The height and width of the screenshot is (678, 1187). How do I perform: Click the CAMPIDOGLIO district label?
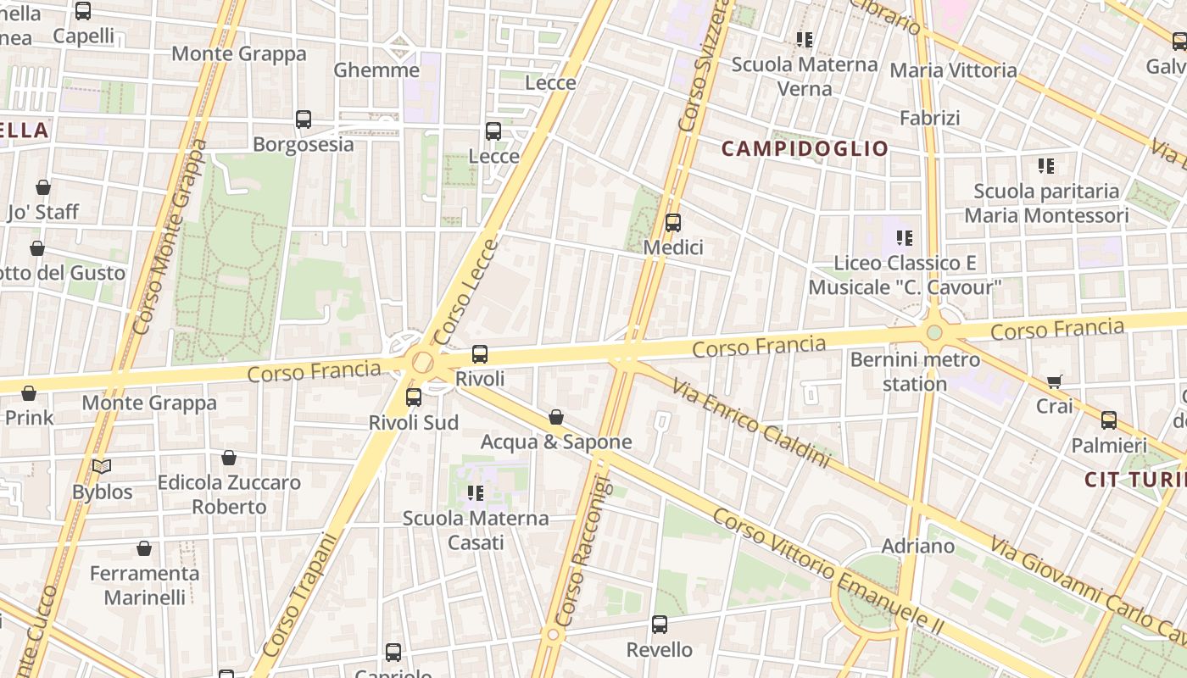pos(805,149)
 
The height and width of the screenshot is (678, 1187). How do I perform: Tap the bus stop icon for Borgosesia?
pos(304,119)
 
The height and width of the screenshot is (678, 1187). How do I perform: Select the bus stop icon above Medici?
pos(673,223)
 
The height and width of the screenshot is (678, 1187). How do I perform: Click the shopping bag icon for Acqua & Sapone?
pos(556,417)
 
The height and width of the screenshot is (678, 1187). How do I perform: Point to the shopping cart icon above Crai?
pos(1054,381)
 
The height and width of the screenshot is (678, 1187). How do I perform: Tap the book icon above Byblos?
pos(102,466)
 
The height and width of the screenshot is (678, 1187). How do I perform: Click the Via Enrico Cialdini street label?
pos(751,423)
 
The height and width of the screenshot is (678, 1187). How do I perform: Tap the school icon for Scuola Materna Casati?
pos(476,492)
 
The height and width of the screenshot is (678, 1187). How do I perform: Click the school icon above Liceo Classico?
pos(905,238)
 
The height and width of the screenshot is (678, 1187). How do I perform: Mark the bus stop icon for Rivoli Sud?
pos(414,397)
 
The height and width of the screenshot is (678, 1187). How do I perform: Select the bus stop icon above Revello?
pos(660,625)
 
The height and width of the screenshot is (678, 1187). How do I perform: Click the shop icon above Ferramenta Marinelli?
pos(144,548)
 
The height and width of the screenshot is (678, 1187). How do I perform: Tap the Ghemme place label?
pos(376,69)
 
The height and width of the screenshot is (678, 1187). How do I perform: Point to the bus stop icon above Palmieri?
pos(1109,420)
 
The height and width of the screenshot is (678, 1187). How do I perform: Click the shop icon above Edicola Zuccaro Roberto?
pos(229,458)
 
